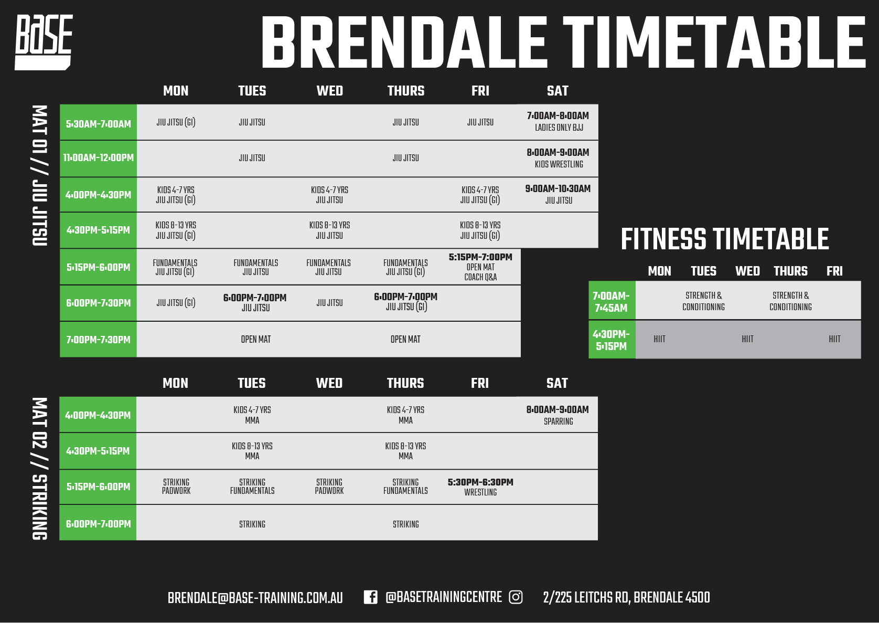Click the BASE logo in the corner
[44, 43]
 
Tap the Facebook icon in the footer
[370, 597]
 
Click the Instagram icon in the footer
[516, 597]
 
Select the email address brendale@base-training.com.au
[255, 598]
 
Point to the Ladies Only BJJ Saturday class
[558, 121]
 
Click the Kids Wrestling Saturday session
[558, 159]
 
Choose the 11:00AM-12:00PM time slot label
[98, 158]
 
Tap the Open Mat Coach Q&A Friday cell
[481, 267]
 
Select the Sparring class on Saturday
[558, 415]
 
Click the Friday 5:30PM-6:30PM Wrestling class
[481, 487]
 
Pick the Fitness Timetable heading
[725, 239]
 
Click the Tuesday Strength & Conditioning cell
[704, 301]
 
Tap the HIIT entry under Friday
[834, 339]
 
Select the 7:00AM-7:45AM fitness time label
[612, 302]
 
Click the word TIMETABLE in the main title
[714, 43]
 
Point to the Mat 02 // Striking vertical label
[40, 469]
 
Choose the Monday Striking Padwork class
[176, 487]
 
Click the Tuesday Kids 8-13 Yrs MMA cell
[252, 451]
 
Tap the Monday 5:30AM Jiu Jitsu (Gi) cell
[176, 122]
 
